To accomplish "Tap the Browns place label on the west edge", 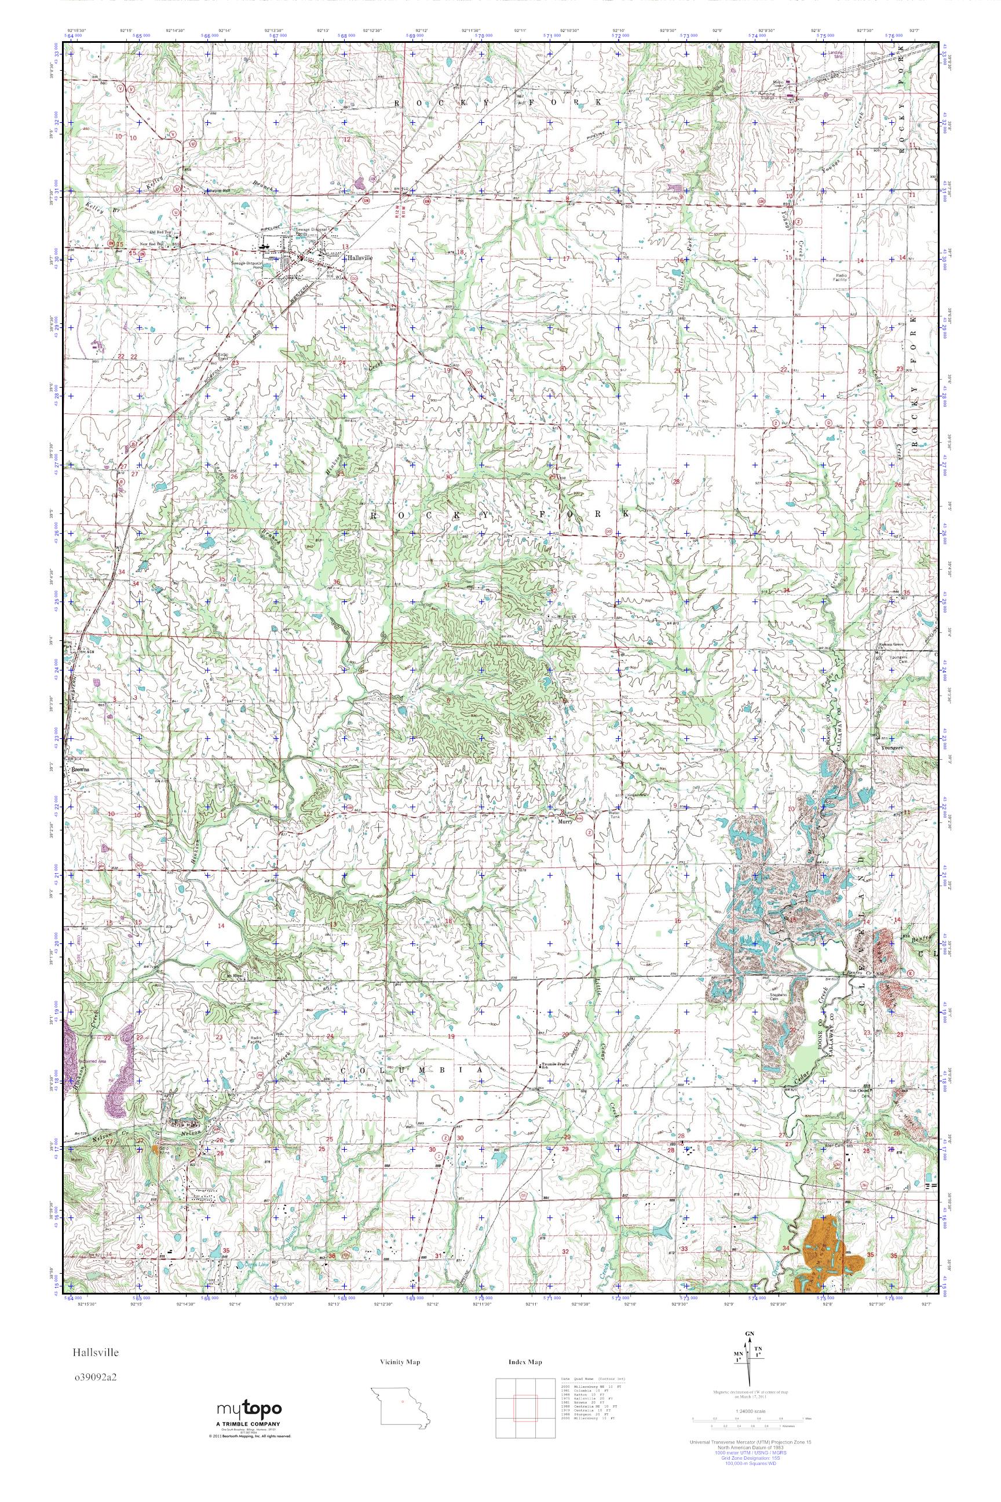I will click(81, 770).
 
